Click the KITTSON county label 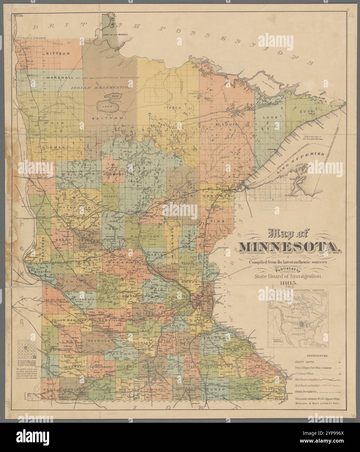tap(58, 53)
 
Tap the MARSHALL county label tap(60, 78)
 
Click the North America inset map tap(297, 320)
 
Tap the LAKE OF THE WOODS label tap(114, 34)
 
